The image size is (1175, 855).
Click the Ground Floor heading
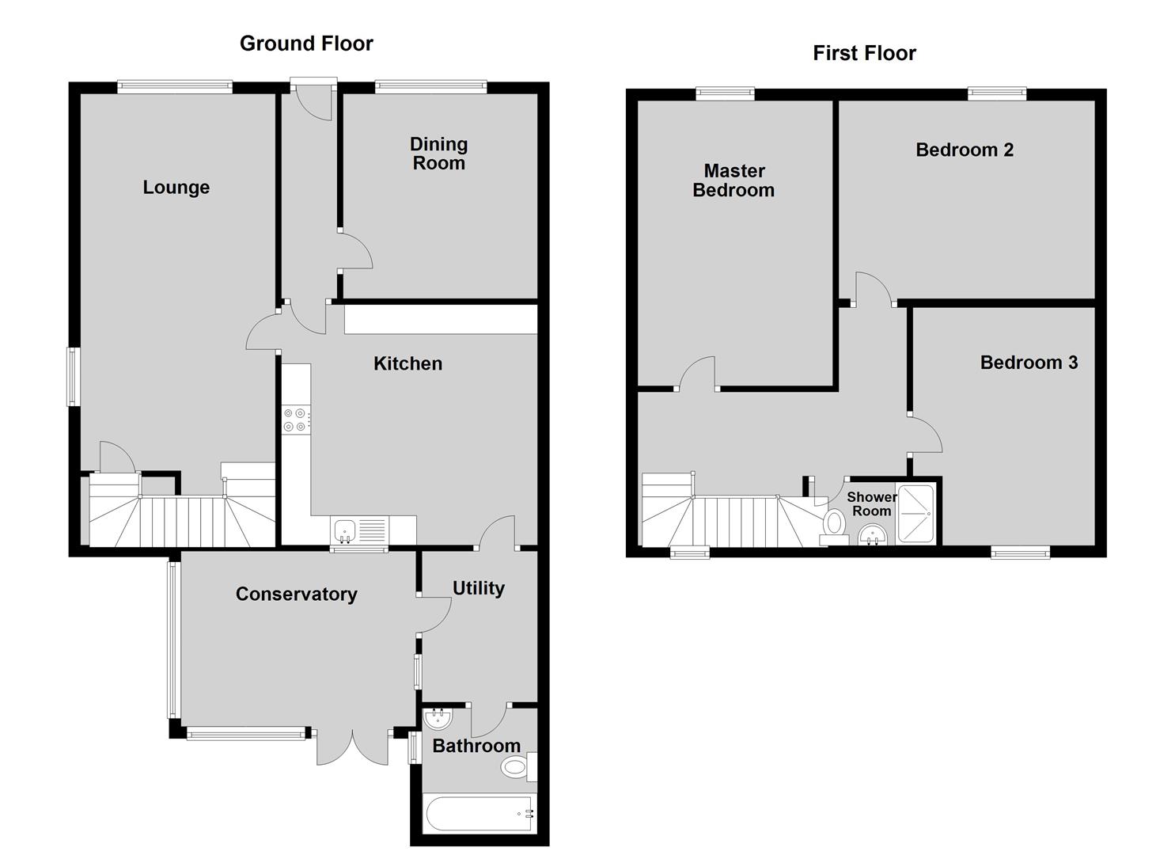pyautogui.click(x=306, y=44)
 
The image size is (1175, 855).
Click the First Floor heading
pyautogui.click(x=864, y=53)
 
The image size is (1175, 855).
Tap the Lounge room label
pyautogui.click(x=176, y=188)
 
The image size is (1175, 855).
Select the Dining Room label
pyautogui.click(x=438, y=154)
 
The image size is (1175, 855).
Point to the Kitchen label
pyautogui.click(x=407, y=363)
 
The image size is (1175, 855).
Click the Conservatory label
pyautogui.click(x=297, y=594)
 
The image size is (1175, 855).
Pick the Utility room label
pyautogui.click(x=479, y=588)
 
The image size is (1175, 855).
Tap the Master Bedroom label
pyautogui.click(x=733, y=180)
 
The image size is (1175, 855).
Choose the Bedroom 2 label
pyautogui.click(x=964, y=150)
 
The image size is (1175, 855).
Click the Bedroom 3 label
pyautogui.click(x=1029, y=362)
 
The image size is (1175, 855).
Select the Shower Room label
pyautogui.click(x=871, y=503)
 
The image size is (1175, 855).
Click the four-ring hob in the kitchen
pyautogui.click(x=296, y=420)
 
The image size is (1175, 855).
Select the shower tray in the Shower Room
pyautogui.click(x=915, y=514)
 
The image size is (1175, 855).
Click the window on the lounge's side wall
pyautogui.click(x=73, y=376)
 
